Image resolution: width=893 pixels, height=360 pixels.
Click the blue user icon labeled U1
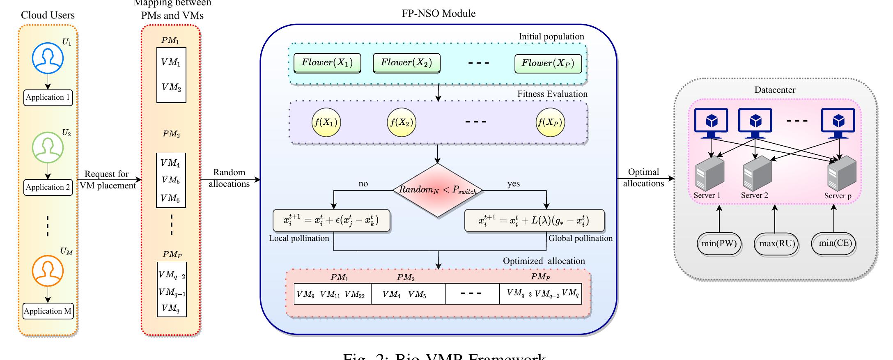pyautogui.click(x=48, y=58)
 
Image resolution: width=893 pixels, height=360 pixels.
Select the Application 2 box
pyautogui.click(x=48, y=187)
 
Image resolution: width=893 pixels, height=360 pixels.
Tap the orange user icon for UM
pyautogui.click(x=48, y=271)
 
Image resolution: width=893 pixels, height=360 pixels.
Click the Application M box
pyautogui.click(x=48, y=311)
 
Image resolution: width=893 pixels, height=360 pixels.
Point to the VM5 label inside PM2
pyautogui.click(x=171, y=180)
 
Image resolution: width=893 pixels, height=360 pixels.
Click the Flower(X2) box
pyautogui.click(x=406, y=63)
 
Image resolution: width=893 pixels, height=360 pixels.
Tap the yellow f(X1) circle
pyautogui.click(x=326, y=122)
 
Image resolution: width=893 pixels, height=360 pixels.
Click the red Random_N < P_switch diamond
pyautogui.click(x=438, y=190)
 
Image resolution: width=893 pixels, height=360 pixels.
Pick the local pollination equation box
pyautogui.click(x=331, y=221)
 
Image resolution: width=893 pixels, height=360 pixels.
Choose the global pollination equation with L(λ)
pyautogui.click(x=534, y=221)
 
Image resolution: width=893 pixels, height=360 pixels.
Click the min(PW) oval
pyautogui.click(x=719, y=243)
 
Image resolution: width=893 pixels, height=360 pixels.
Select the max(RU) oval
pyautogui.click(x=777, y=244)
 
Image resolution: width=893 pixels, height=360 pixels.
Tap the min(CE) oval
pyautogui.click(x=835, y=243)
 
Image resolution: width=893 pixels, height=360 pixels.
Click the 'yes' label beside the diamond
pyautogui.click(x=513, y=183)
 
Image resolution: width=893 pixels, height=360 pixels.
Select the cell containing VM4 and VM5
pyautogui.click(x=408, y=294)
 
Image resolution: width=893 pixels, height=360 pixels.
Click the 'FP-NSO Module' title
pyautogui.click(x=438, y=14)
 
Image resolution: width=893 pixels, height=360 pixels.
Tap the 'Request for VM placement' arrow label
pyautogui.click(x=107, y=180)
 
